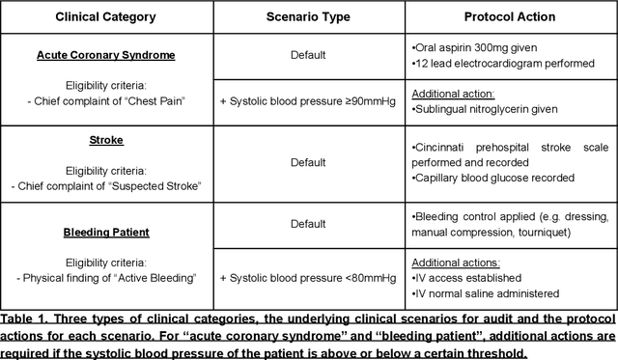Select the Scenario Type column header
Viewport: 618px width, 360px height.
307,17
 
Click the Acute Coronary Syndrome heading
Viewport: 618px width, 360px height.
105,55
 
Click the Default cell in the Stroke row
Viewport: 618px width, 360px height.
308,163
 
